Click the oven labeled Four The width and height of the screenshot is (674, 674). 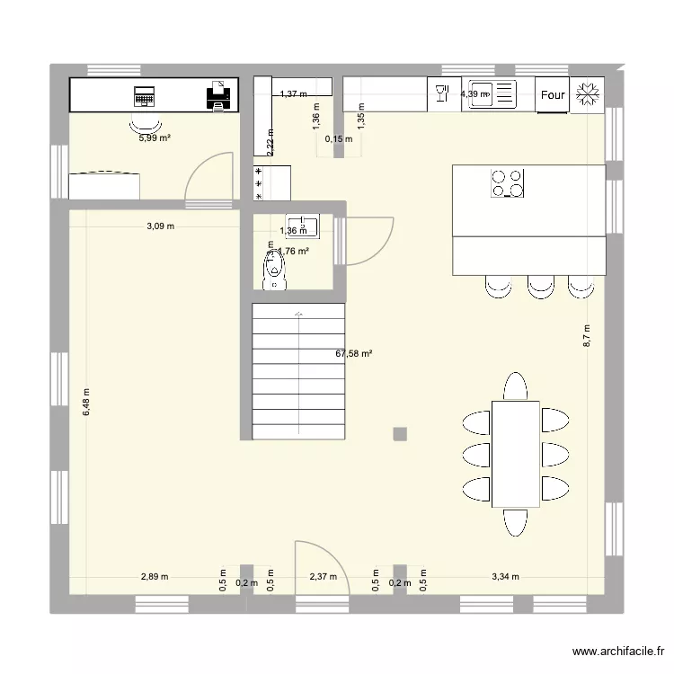tap(553, 94)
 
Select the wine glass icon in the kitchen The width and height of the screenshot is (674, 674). tap(441, 93)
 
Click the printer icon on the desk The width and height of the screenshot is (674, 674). tap(218, 94)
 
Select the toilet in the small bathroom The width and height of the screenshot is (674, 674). tap(273, 269)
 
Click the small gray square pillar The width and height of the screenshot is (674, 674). tap(399, 434)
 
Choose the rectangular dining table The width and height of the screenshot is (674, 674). tap(515, 454)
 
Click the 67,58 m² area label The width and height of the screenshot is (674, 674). tap(354, 354)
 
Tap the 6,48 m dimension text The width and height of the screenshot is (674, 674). tap(86, 403)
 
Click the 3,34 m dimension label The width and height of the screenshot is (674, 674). tap(505, 578)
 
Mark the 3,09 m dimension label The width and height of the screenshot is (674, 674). tap(161, 226)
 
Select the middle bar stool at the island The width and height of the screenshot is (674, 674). tap(540, 286)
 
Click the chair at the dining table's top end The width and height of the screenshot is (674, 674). tap(515, 386)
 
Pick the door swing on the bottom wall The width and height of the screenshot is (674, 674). tap(315, 565)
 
